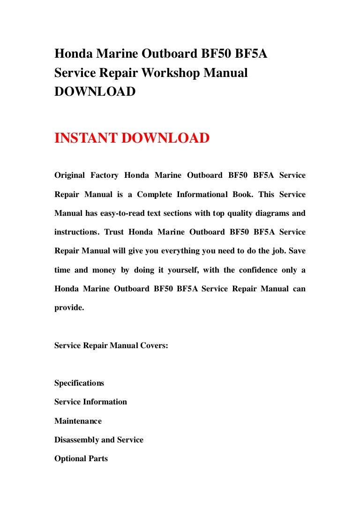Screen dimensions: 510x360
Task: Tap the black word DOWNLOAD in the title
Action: [95, 92]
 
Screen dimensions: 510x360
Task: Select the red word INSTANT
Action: [86, 138]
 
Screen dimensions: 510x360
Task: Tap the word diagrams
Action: [272, 213]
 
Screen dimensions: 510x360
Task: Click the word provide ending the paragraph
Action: [68, 308]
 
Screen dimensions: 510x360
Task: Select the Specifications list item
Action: [79, 383]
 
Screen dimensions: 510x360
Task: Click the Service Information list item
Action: [90, 402]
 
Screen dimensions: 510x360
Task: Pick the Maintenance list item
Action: [78, 421]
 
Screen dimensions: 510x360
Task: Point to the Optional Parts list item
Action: [81, 459]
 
